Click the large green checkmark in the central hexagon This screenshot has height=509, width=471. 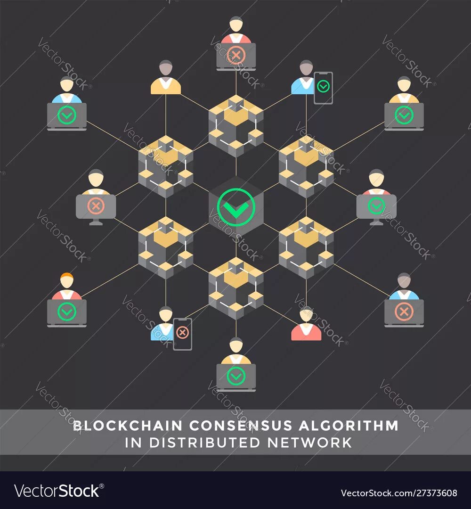(x=236, y=206)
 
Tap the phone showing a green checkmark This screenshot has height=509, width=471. (x=323, y=88)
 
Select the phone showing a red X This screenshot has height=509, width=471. (x=182, y=334)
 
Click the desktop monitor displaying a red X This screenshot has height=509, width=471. (x=96, y=206)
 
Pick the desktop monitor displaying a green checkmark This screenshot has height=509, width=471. (x=376, y=206)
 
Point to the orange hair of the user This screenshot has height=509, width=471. (x=67, y=277)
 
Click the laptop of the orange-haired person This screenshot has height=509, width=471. (x=67, y=312)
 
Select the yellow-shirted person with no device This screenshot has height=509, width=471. (x=166, y=78)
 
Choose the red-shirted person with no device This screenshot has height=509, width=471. (x=306, y=325)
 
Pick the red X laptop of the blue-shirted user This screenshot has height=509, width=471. (x=404, y=312)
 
